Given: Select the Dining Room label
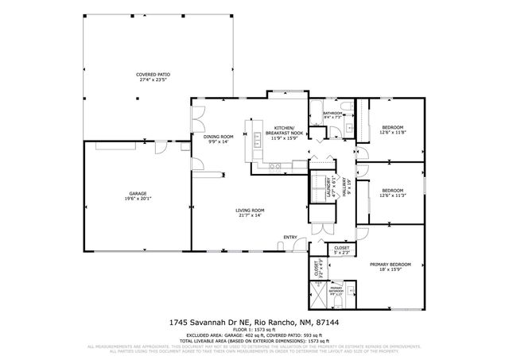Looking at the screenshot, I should tap(218, 136).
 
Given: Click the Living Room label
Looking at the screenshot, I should tap(249, 210).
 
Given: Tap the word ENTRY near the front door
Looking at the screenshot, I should tap(290, 238).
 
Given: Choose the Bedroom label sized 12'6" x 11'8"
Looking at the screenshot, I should tap(392, 127).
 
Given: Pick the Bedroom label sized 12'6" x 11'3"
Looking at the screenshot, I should tap(392, 190).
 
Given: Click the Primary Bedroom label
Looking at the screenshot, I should tap(390, 264).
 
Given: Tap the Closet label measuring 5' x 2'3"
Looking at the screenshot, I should tap(341, 248).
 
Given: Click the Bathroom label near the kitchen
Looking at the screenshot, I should tap(332, 114).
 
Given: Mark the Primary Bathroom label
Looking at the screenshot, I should tap(336, 289).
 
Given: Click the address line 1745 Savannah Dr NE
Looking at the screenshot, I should tap(254, 322).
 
